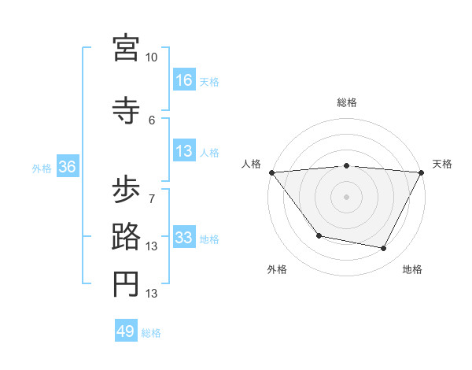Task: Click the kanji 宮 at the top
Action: point(126,48)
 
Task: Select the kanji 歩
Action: point(126,191)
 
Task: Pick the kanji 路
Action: point(126,237)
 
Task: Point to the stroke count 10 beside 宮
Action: point(152,57)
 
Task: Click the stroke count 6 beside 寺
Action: point(152,120)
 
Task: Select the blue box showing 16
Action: point(184,80)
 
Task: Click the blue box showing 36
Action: point(67,167)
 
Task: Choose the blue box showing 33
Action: point(184,238)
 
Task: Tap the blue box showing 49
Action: point(126,331)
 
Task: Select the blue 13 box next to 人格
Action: point(184,152)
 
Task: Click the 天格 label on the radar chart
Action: point(442,164)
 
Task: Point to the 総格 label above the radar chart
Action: point(346,102)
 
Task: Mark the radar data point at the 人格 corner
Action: point(272,172)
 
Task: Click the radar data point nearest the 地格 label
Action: point(384,249)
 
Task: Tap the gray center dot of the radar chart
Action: point(346,197)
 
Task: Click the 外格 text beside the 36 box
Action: point(42,168)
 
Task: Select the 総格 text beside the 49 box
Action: point(151,333)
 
